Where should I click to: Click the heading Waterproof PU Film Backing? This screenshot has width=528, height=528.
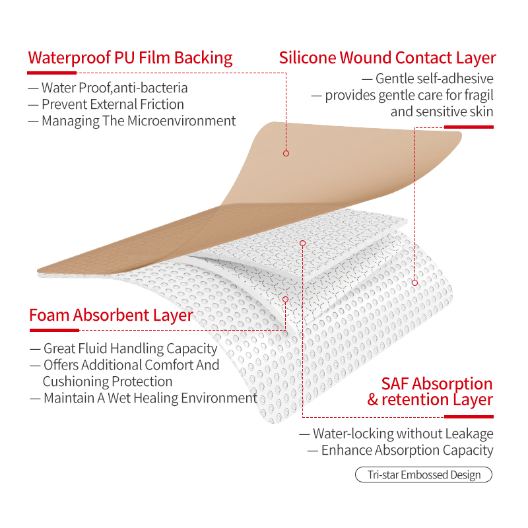[130, 58]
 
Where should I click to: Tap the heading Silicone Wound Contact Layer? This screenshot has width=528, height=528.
[387, 58]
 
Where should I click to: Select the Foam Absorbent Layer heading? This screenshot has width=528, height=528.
[111, 315]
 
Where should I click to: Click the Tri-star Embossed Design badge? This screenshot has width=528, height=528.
[424, 475]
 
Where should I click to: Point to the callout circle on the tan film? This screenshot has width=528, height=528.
[286, 154]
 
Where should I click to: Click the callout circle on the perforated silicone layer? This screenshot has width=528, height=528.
[415, 283]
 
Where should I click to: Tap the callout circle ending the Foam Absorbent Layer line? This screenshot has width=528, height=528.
[286, 300]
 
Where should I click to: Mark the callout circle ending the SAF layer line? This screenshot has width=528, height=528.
[302, 243]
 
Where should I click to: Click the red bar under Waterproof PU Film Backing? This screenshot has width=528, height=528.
[52, 73]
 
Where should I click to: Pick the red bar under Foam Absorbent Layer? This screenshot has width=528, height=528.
[54, 331]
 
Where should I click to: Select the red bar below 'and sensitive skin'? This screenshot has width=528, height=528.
[469, 127]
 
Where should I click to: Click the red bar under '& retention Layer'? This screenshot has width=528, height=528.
[469, 417]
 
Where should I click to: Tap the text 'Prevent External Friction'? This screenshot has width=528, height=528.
[113, 104]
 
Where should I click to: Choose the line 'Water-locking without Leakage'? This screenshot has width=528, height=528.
[403, 434]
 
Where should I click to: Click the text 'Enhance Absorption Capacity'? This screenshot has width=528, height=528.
[407, 450]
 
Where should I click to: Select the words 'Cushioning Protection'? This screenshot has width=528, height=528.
[108, 381]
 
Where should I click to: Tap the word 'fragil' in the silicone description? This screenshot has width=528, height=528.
[479, 95]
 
